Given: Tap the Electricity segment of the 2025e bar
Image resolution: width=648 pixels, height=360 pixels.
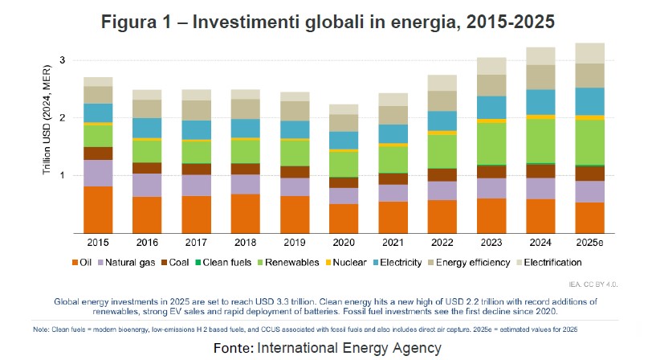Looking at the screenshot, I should (x=590, y=101).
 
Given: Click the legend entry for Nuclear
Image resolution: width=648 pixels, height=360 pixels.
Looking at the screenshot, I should (x=347, y=263).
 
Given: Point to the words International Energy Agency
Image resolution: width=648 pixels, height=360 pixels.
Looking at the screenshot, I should (x=349, y=348).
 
